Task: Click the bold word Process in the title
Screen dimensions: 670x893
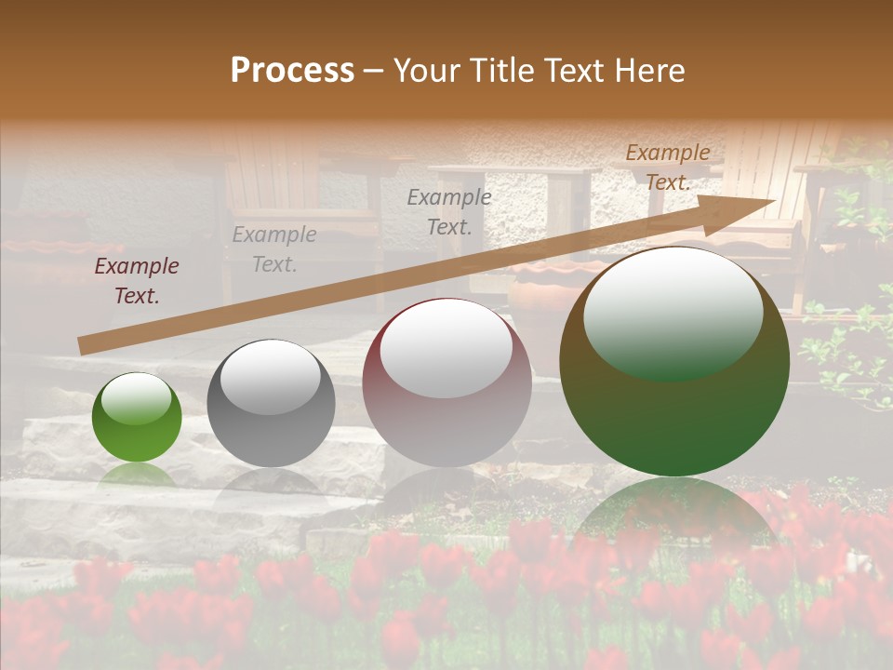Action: [292, 71]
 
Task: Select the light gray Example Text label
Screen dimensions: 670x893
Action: [273, 249]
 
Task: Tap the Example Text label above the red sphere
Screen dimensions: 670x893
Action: [449, 211]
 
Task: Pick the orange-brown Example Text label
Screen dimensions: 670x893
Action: [668, 167]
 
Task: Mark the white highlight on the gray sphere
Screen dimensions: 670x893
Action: [271, 376]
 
